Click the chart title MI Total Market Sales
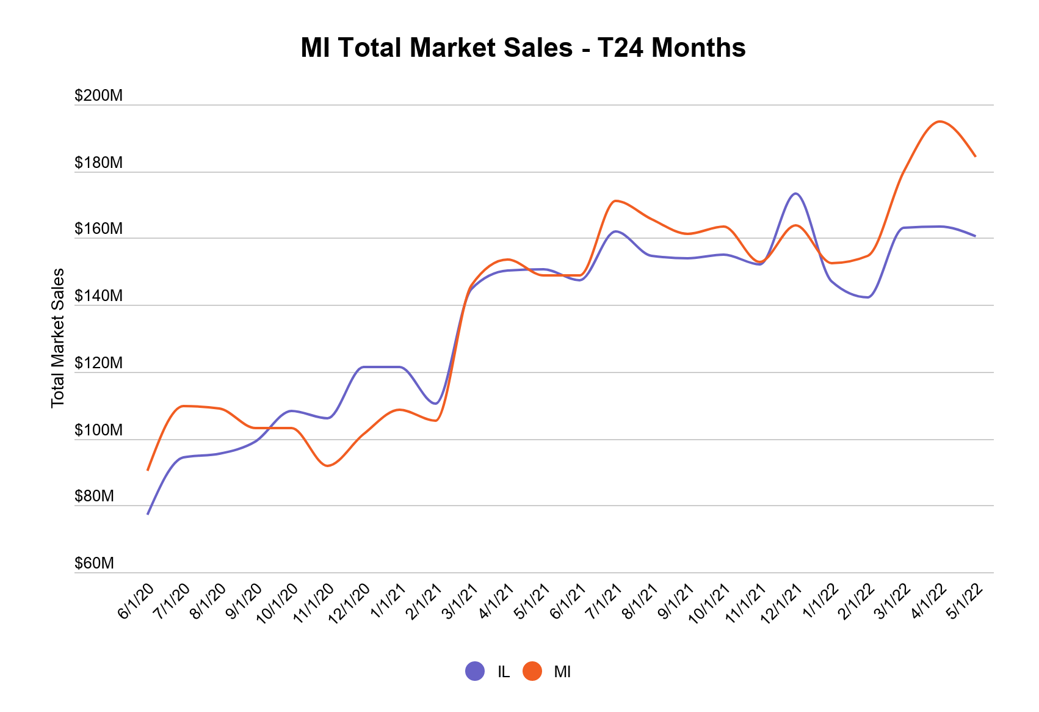pyautogui.click(x=523, y=48)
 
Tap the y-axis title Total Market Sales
pyautogui.click(x=58, y=338)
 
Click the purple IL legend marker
pyautogui.click(x=475, y=671)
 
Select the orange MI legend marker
pyautogui.click(x=532, y=671)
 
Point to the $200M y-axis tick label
pyautogui.click(x=98, y=96)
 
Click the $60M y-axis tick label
pyautogui.click(x=94, y=563)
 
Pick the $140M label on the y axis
pyautogui.click(x=98, y=296)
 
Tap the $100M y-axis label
pyautogui.click(x=98, y=430)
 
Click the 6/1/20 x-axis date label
pyautogui.click(x=136, y=601)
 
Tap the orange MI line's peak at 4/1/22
pyautogui.click(x=939, y=122)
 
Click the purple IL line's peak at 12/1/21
pyautogui.click(x=795, y=194)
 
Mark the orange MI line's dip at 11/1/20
pyautogui.click(x=328, y=466)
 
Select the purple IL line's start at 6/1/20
pyautogui.click(x=148, y=514)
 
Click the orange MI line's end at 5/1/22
pyautogui.click(x=975, y=156)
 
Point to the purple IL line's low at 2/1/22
pyautogui.click(x=867, y=297)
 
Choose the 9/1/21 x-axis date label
pyautogui.click(x=676, y=601)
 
